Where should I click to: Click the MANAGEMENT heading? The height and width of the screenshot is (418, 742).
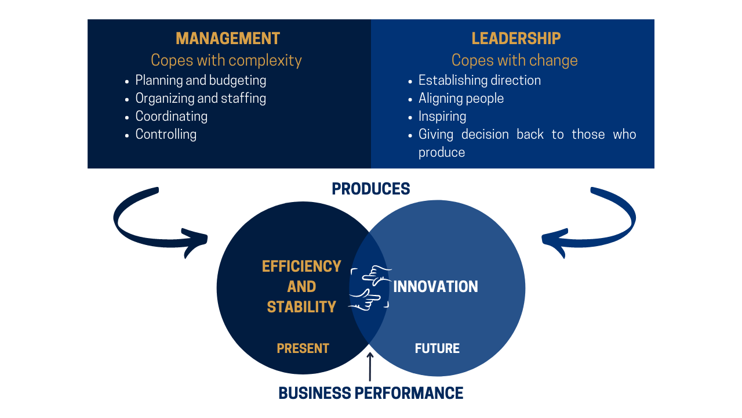tap(228, 38)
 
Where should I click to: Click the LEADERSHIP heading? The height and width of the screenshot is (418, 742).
tap(516, 38)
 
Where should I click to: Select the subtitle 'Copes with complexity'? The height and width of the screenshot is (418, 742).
tap(226, 60)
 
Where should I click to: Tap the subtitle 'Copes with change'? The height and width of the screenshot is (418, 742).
tap(514, 60)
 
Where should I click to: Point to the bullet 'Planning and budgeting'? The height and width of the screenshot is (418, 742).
tap(201, 81)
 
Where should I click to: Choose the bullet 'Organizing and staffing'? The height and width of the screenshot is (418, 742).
tap(201, 99)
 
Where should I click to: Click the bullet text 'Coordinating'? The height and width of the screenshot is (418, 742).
tap(172, 117)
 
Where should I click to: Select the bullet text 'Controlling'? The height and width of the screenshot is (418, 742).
tap(166, 134)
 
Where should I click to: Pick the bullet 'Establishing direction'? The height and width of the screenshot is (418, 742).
tap(479, 81)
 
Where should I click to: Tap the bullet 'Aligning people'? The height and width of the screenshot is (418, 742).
tap(461, 99)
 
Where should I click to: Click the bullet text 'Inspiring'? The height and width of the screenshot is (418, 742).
tap(442, 117)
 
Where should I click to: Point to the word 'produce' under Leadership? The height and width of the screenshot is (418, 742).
tap(442, 153)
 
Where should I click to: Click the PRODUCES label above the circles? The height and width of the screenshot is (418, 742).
tap(370, 189)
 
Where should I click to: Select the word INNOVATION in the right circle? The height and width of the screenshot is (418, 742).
tap(435, 287)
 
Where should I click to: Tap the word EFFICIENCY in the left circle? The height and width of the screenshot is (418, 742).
tap(301, 266)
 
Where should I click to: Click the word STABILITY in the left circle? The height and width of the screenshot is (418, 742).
tap(301, 307)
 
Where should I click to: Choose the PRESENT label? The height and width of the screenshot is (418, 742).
tap(303, 348)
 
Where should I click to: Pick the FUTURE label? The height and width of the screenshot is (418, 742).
tap(437, 348)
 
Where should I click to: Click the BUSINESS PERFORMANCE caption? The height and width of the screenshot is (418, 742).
tap(370, 394)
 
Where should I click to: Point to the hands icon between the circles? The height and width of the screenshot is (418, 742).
tap(370, 288)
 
